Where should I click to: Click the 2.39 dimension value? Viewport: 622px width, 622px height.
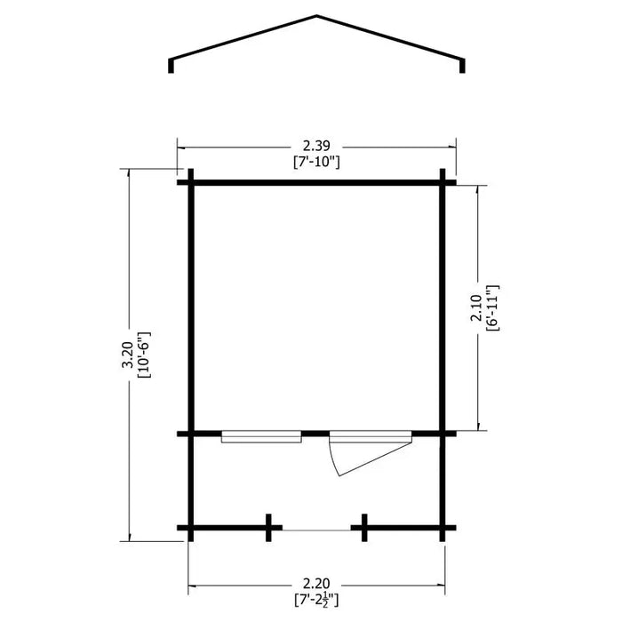[316, 147]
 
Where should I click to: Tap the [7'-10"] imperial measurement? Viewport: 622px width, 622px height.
[316, 163]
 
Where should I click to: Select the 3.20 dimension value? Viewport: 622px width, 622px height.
[128, 355]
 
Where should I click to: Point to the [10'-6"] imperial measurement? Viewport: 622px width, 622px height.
[144, 355]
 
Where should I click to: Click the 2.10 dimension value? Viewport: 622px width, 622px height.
[476, 308]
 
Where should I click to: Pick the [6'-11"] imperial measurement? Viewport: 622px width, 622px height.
[492, 308]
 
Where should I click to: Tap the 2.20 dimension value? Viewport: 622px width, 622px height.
[316, 584]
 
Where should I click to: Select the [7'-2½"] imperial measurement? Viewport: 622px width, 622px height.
[316, 600]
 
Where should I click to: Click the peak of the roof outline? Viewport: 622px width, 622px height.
[316, 16]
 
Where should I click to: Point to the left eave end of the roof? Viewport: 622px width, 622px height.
[171, 72]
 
